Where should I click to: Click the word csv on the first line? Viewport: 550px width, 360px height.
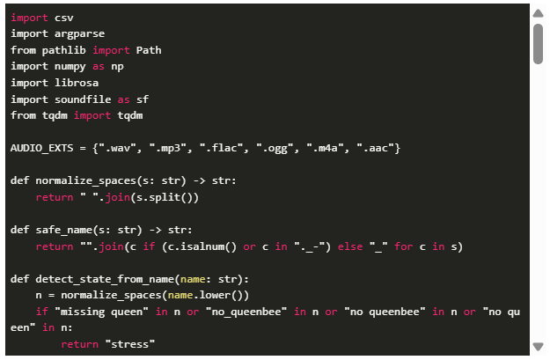pyautogui.click(x=64, y=18)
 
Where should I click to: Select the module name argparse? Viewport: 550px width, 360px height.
pyautogui.click(x=79, y=34)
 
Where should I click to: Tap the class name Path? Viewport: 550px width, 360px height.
pyautogui.click(x=149, y=50)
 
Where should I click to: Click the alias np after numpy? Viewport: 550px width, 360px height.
pyautogui.click(x=118, y=67)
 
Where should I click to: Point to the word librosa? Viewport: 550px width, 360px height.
pyautogui.click(x=77, y=83)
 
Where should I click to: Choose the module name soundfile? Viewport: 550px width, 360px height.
pyautogui.click(x=83, y=99)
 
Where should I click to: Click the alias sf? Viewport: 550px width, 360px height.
pyautogui.click(x=143, y=99)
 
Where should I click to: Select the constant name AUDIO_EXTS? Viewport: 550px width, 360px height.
pyautogui.click(x=41, y=148)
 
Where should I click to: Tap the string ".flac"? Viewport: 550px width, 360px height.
pyautogui.click(x=221, y=148)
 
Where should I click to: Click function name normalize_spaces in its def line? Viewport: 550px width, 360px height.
pyautogui.click(x=86, y=180)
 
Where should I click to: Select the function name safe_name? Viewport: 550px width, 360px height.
pyautogui.click(x=64, y=231)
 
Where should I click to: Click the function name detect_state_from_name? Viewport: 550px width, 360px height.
pyautogui.click(x=105, y=279)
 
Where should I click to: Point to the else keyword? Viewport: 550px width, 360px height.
pyautogui.click(x=350, y=246)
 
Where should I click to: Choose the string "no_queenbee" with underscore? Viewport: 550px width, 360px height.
pyautogui.click(x=246, y=312)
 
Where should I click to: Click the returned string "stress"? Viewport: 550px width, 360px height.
pyautogui.click(x=130, y=344)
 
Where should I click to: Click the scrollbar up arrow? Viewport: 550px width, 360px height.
pyautogui.click(x=538, y=13)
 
